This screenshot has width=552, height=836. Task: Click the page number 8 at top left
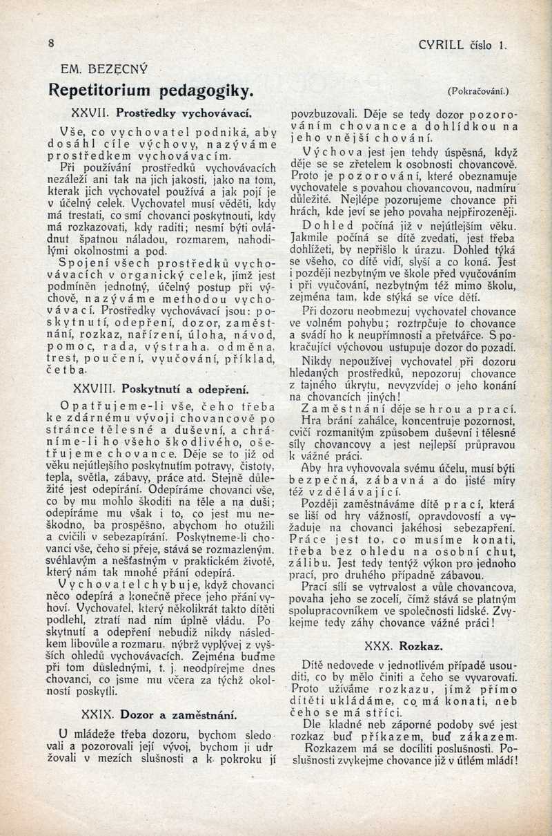point(51,43)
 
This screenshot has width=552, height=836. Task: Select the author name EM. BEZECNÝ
point(99,69)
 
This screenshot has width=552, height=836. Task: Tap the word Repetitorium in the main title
point(96,91)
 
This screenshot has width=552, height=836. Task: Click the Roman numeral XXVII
point(91,111)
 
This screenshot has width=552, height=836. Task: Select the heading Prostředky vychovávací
point(182,111)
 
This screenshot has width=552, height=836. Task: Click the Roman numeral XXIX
point(94,714)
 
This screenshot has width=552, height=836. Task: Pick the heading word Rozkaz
point(420,647)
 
